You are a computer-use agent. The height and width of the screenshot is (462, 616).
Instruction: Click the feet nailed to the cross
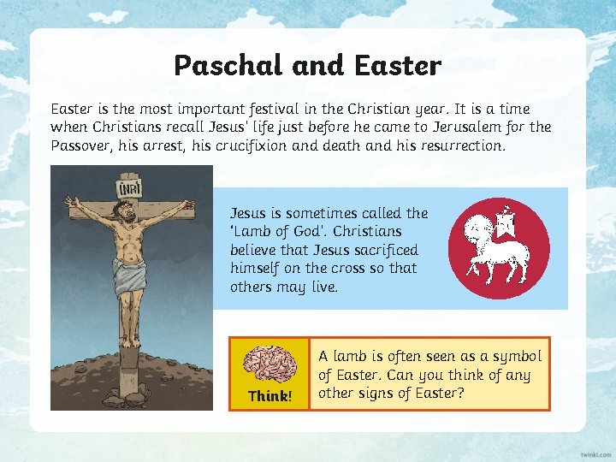[130, 336]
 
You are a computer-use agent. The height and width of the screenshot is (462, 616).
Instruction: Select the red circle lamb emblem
[500, 249]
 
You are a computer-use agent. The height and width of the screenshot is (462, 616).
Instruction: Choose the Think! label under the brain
[269, 396]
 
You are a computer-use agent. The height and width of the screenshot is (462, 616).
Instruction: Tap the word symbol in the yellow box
[518, 356]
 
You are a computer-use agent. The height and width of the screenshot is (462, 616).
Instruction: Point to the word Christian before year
[399, 109]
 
